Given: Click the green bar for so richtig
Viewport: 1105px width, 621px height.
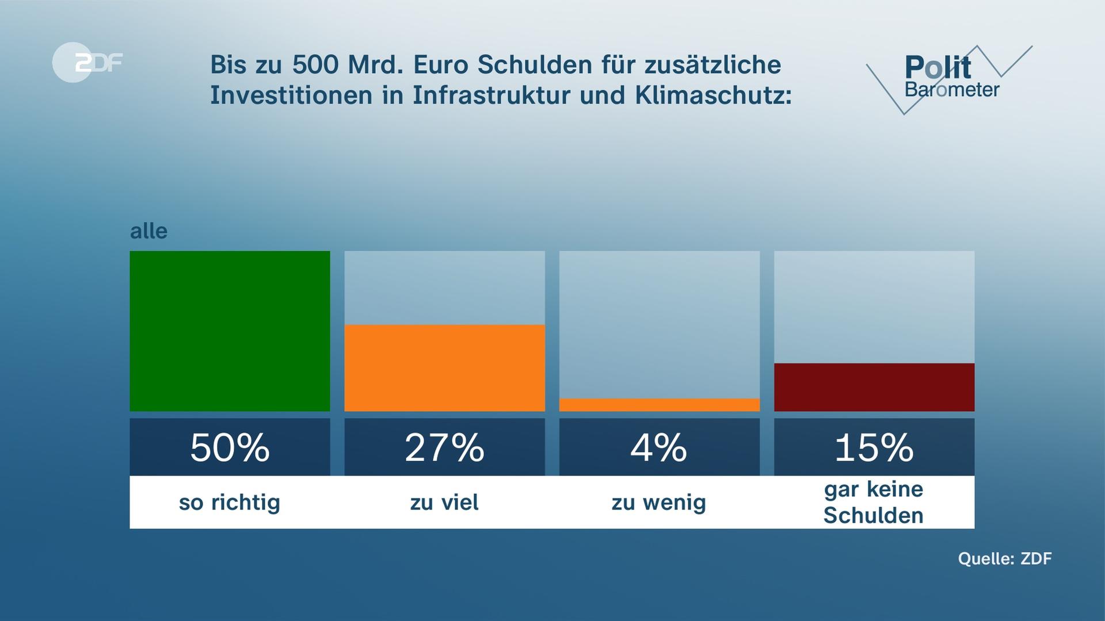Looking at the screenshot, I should [230, 331].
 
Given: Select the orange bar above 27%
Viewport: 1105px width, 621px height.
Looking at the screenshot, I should [444, 368].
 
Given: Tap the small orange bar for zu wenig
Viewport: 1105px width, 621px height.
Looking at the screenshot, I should [659, 405].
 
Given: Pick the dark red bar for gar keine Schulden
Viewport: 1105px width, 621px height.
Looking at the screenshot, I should [874, 387].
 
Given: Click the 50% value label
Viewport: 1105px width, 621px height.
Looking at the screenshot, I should [230, 447].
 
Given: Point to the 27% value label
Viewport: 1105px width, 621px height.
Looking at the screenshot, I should [444, 447].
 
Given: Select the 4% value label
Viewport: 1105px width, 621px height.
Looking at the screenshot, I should [659, 447].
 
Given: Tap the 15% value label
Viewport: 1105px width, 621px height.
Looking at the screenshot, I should [874, 447].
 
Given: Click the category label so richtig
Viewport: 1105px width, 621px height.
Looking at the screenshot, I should [230, 503].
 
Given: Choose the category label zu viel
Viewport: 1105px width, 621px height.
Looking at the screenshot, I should [444, 503].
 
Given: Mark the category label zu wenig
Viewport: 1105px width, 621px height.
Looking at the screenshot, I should [659, 503].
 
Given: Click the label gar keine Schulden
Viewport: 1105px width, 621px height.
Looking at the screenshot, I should [874, 502].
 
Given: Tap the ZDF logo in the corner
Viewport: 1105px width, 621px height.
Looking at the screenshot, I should [87, 62].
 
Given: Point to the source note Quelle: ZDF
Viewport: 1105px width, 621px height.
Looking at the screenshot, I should [1004, 558].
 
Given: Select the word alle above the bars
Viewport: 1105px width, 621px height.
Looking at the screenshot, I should [148, 231].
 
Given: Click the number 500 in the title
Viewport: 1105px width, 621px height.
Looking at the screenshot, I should [315, 65].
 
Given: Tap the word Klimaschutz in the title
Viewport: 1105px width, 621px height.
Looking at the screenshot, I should [713, 95].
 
